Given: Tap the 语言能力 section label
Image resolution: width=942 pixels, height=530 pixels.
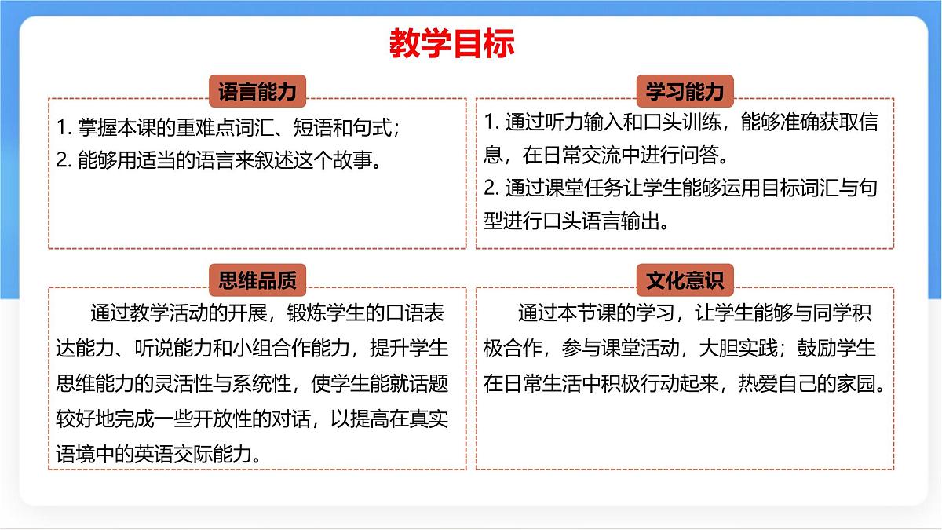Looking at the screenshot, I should pyautogui.click(x=257, y=92).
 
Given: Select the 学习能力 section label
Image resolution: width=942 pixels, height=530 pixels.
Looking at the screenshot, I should pyautogui.click(x=685, y=92).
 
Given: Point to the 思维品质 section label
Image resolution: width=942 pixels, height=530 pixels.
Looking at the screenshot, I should pyautogui.click(x=257, y=280).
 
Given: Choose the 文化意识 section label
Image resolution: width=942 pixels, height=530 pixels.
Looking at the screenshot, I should pyautogui.click(x=685, y=280).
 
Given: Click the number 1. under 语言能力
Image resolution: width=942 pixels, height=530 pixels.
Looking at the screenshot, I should pyautogui.click(x=64, y=127).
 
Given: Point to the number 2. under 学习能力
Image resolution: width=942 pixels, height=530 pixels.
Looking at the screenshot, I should pyautogui.click(x=491, y=188).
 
